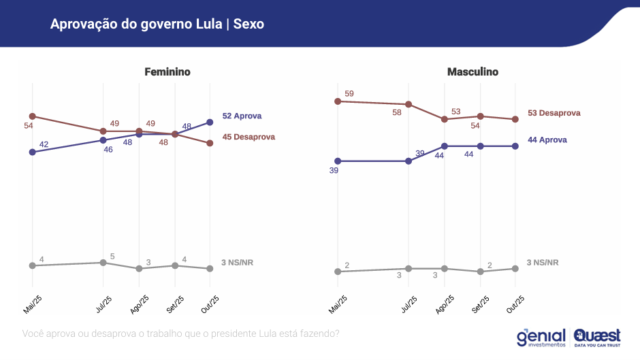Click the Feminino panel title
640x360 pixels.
[167, 71]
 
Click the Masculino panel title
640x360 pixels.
[473, 71]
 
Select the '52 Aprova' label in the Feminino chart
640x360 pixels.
[242, 116]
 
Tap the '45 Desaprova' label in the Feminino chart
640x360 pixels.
[249, 137]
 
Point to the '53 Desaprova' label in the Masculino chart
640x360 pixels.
[554, 113]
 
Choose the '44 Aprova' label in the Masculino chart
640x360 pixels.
[547, 140]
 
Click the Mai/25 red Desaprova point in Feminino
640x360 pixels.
[32, 116]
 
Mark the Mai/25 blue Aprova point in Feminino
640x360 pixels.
[32, 152]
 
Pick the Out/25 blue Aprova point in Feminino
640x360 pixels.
[210, 122]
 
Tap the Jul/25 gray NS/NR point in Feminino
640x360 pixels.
[103, 262]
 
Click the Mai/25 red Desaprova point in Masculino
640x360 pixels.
[338, 101]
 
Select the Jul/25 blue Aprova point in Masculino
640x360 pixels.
[409, 161]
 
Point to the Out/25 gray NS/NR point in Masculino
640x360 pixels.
[515, 268]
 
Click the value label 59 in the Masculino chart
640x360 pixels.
[349, 93]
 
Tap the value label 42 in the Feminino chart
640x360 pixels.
[44, 144]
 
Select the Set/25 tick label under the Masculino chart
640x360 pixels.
[479, 303]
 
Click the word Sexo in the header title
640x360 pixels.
[249, 24]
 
